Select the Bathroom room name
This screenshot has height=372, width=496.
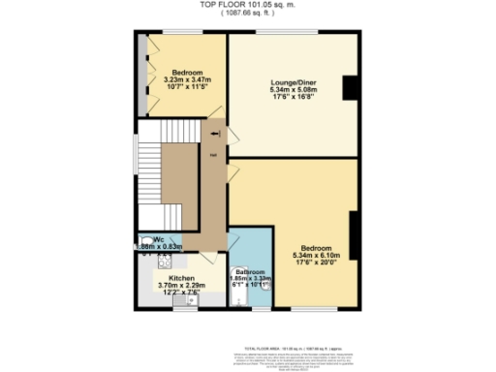tap(251, 273)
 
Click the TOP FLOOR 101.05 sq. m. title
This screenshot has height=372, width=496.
tap(248, 5)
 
